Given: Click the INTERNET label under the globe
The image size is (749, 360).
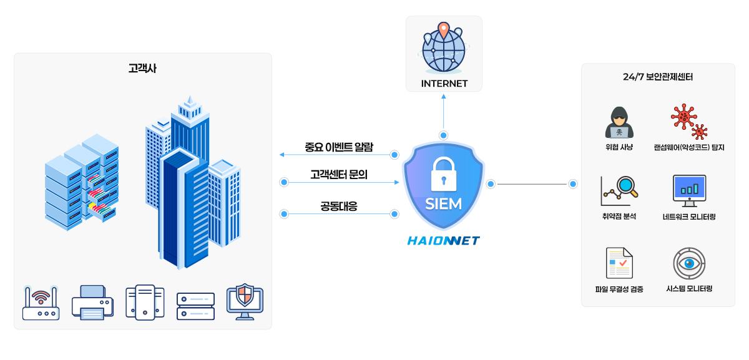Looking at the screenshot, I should [444, 84].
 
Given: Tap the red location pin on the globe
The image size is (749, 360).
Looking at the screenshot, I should [443, 30].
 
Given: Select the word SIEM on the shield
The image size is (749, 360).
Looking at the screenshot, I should [444, 204].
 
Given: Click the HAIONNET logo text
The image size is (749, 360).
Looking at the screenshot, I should [444, 240].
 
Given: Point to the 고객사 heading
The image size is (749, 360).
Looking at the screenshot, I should [142, 68].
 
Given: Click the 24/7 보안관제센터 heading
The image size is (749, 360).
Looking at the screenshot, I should [658, 77].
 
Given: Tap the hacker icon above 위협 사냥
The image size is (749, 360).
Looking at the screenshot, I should [619, 122].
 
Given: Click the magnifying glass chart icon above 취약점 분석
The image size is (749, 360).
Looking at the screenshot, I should [619, 190].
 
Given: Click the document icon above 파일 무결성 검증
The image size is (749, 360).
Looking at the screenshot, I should [619, 263].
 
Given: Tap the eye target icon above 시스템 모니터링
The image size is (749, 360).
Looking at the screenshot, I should [689, 263].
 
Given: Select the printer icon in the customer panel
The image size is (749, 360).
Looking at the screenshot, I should [92, 303].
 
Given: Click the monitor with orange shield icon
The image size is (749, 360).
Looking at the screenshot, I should [245, 302].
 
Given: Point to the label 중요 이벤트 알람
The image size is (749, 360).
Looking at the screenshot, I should [339, 147].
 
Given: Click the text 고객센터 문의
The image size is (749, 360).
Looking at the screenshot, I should [339, 175].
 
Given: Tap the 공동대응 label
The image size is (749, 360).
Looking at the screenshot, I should [339, 206].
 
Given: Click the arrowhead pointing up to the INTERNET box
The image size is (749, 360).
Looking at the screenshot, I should [444, 97].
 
